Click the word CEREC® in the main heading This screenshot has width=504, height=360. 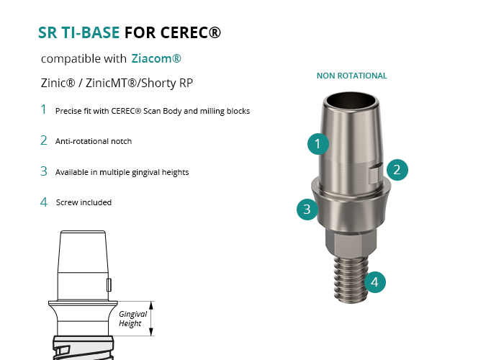tap(191, 32)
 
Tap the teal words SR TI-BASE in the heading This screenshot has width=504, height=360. tap(78, 32)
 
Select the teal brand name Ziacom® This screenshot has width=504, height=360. tap(156, 58)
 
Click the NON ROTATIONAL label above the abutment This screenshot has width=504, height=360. tap(351, 76)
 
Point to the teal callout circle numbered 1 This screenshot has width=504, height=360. tap(318, 144)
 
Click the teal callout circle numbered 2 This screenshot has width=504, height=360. tap(397, 170)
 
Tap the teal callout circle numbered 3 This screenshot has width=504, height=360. tap(307, 210)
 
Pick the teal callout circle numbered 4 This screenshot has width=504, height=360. tap(375, 282)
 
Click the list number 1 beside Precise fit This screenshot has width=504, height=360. tap(43, 109)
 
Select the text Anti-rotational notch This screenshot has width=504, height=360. tap(94, 141)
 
